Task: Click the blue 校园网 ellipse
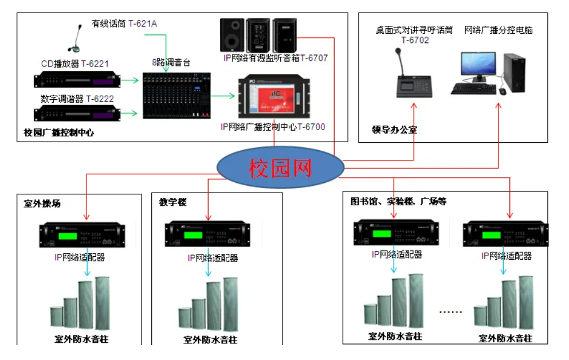click(x=280, y=167)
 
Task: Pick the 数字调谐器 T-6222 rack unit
click(x=77, y=114)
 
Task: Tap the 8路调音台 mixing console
click(x=176, y=95)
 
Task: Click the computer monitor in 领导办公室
click(x=477, y=67)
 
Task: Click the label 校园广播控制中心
click(x=59, y=133)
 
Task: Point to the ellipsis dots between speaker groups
click(x=451, y=312)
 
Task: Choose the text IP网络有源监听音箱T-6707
click(x=276, y=58)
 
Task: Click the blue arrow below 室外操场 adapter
click(x=86, y=269)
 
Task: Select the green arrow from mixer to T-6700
click(x=226, y=97)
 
